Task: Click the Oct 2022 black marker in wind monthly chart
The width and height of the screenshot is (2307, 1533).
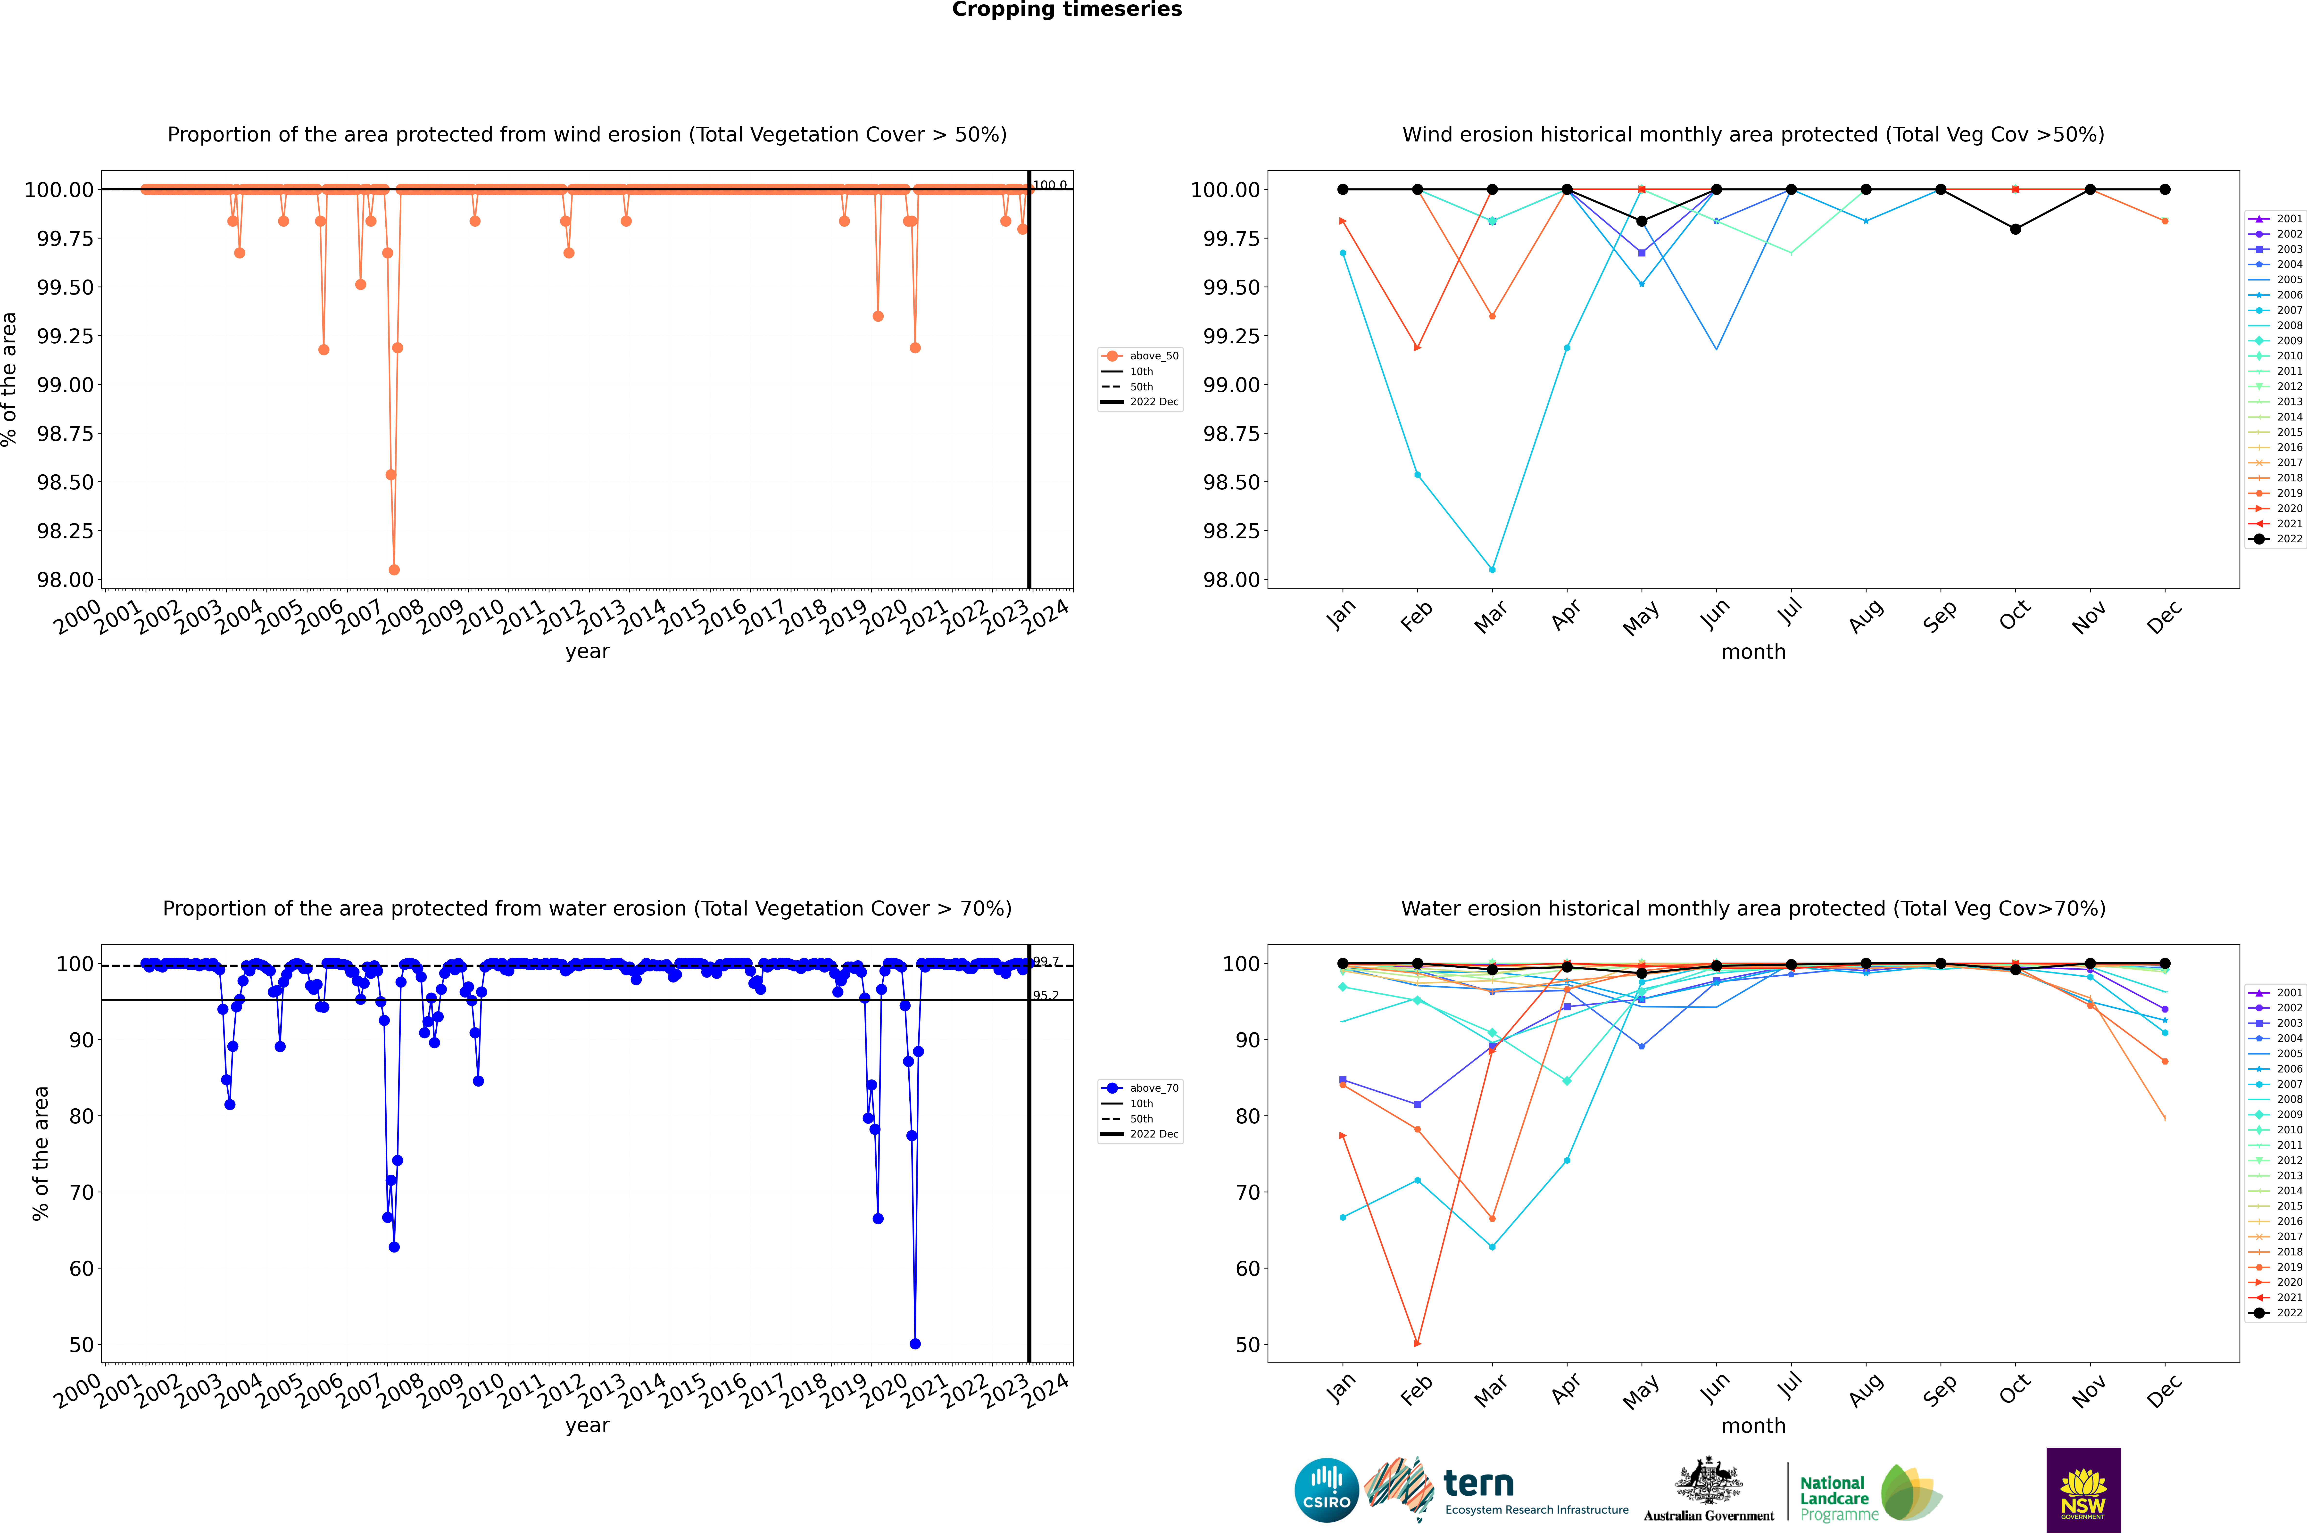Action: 2016,229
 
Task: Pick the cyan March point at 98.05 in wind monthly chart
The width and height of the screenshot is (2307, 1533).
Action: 1492,569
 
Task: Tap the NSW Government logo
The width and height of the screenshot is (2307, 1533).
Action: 2083,1490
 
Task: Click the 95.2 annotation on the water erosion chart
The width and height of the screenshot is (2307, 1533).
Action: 1046,995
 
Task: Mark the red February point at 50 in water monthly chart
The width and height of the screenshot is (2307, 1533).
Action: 1417,1343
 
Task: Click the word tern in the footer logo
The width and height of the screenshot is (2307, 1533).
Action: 1479,1484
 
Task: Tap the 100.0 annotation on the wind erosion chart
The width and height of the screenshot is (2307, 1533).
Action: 1049,185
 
